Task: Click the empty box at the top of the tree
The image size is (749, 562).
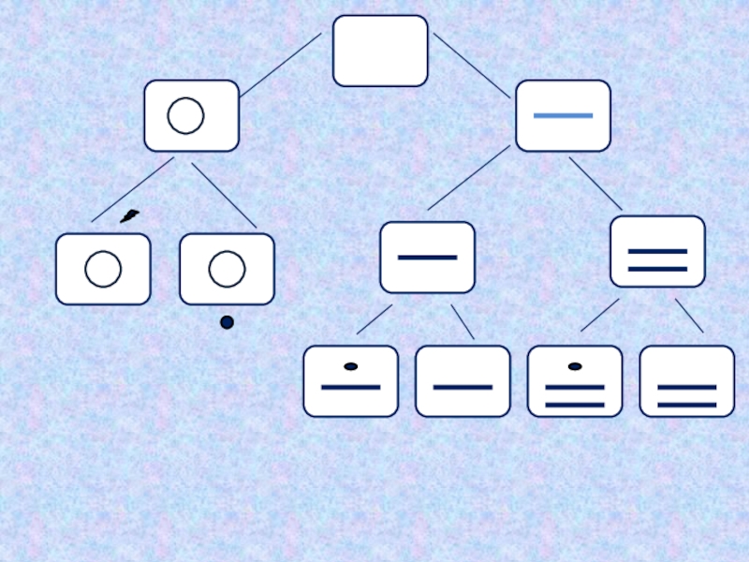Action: tap(380, 51)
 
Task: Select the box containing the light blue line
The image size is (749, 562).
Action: tap(563, 115)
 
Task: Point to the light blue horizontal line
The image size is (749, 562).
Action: tap(563, 115)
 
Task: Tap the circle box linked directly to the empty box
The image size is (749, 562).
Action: tap(191, 115)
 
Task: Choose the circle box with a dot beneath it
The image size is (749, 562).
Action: tap(227, 269)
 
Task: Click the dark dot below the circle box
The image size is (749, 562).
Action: tap(227, 322)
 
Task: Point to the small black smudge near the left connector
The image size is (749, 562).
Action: tap(129, 216)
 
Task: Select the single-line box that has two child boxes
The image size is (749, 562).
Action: tap(427, 257)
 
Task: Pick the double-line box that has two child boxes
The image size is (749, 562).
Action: tap(657, 251)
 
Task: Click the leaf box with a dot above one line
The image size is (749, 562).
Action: tap(350, 381)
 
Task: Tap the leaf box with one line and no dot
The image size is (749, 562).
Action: tap(463, 381)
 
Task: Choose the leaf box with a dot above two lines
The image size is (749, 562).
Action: tap(575, 381)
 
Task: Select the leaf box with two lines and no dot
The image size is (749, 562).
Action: tap(687, 381)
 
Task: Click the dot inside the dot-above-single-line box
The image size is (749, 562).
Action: tap(350, 366)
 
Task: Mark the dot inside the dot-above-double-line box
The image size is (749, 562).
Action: tap(575, 366)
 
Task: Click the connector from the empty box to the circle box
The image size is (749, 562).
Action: tap(280, 66)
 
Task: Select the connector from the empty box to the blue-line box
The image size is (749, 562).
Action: tap(471, 66)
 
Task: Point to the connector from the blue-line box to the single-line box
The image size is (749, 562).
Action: tap(468, 178)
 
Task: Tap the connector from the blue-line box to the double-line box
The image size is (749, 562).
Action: tap(595, 184)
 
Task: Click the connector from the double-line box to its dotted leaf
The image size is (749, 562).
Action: tap(599, 316)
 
